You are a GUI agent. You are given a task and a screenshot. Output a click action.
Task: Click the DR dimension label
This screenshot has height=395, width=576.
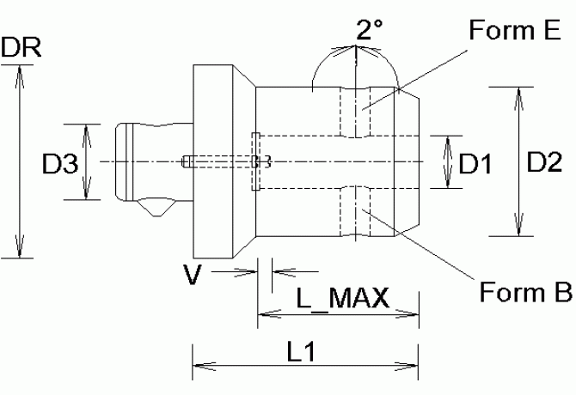(21, 47)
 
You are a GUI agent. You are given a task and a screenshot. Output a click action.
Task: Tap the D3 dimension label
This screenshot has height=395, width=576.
(60, 163)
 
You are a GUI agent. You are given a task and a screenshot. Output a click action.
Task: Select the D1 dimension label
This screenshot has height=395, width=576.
(475, 163)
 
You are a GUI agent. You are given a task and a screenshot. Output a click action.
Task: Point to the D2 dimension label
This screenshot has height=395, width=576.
(544, 161)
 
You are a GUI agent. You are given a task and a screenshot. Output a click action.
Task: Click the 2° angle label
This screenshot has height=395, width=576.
(369, 29)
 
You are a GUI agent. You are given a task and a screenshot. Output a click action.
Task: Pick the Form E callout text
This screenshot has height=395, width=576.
(515, 30)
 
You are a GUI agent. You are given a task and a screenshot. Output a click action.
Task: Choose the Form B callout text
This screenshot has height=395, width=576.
(525, 292)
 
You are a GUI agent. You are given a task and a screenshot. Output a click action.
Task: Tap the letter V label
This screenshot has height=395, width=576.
(193, 275)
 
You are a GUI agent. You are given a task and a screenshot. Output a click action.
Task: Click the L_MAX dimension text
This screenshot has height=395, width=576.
(342, 297)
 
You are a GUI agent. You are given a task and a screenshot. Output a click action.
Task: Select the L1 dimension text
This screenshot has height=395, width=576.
(301, 351)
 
